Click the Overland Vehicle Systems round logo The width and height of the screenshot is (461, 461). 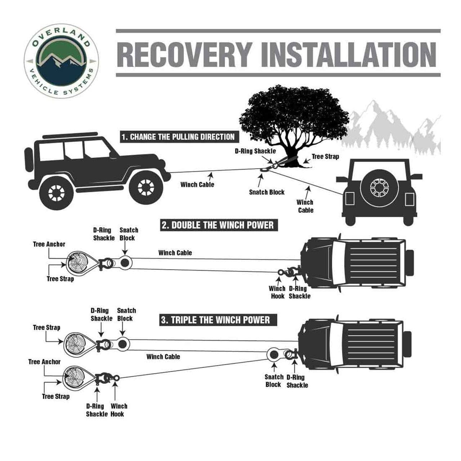click(x=61, y=62)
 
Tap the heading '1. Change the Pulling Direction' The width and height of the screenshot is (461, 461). click(x=178, y=137)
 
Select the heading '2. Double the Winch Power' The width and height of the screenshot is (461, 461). click(x=218, y=225)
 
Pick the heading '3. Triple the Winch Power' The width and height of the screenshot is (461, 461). click(x=215, y=320)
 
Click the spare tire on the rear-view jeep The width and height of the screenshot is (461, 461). click(x=378, y=187)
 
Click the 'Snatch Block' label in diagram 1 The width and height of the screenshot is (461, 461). click(x=267, y=192)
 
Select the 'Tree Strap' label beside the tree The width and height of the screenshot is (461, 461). click(x=325, y=157)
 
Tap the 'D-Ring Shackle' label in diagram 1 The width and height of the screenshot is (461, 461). click(x=255, y=151)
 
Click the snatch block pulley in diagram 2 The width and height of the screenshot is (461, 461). click(x=125, y=263)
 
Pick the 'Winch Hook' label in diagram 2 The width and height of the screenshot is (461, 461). click(x=277, y=292)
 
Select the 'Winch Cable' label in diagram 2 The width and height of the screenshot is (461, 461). click(x=175, y=253)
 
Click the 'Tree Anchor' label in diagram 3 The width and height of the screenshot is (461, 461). click(x=44, y=362)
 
